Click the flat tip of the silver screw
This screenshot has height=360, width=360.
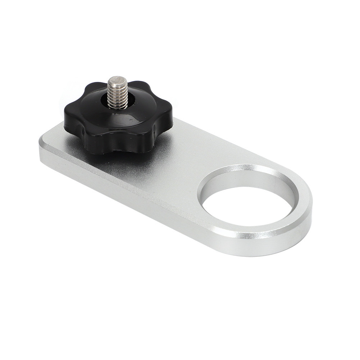118,80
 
